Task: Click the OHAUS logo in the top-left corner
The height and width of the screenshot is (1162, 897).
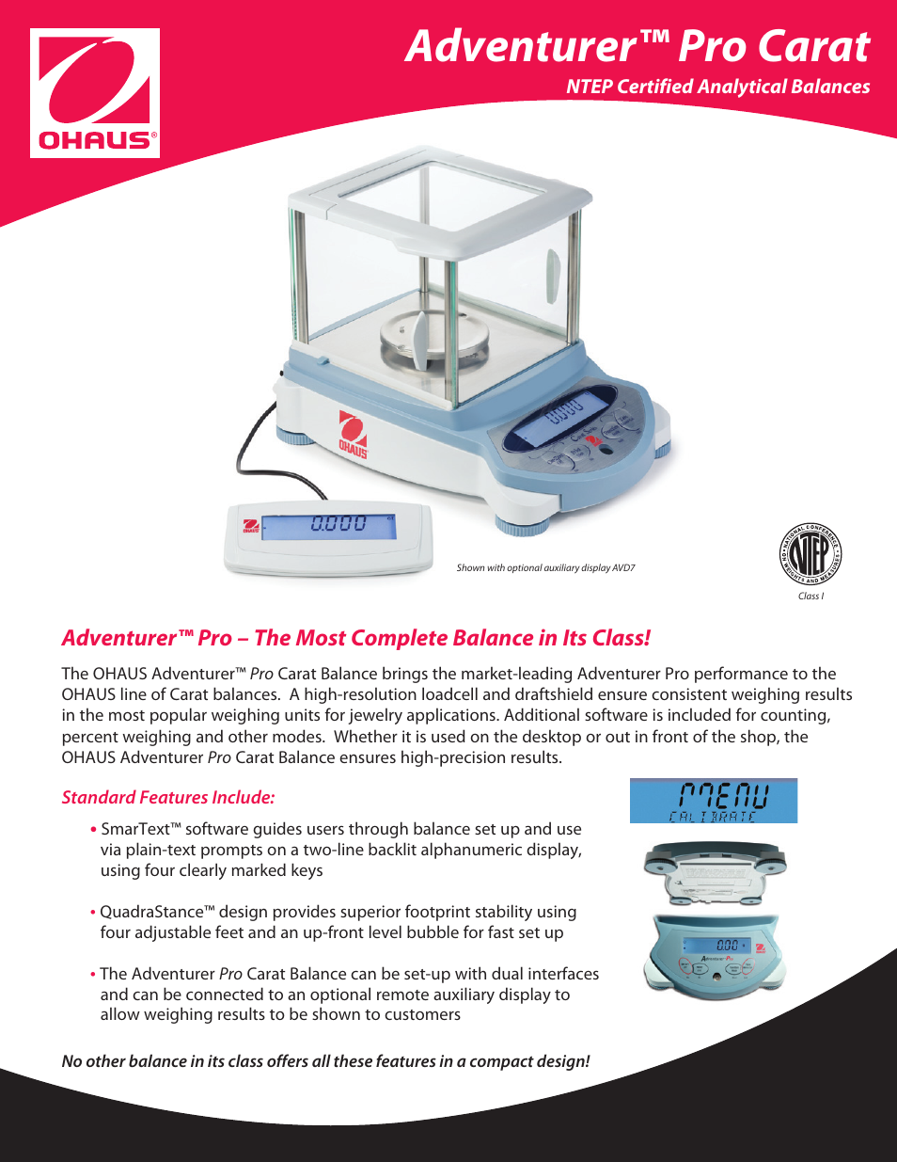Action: point(94,93)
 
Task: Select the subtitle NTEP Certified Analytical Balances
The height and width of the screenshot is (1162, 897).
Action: point(717,87)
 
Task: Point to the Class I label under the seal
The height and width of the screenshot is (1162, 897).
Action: point(810,596)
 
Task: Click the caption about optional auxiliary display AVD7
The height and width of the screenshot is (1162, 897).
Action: point(545,567)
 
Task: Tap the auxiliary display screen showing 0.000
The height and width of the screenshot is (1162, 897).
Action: point(328,526)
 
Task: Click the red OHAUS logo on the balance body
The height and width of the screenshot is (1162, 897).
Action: point(353,434)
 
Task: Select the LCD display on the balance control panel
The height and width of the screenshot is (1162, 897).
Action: point(559,418)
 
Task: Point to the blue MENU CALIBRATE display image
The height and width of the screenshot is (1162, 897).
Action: point(713,801)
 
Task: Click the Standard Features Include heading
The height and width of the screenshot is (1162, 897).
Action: point(168,797)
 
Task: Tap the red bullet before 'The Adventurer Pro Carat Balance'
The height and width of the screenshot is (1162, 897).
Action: point(93,974)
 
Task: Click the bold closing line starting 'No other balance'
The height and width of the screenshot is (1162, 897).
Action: point(325,1061)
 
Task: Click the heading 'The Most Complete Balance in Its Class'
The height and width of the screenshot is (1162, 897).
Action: point(451,638)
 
